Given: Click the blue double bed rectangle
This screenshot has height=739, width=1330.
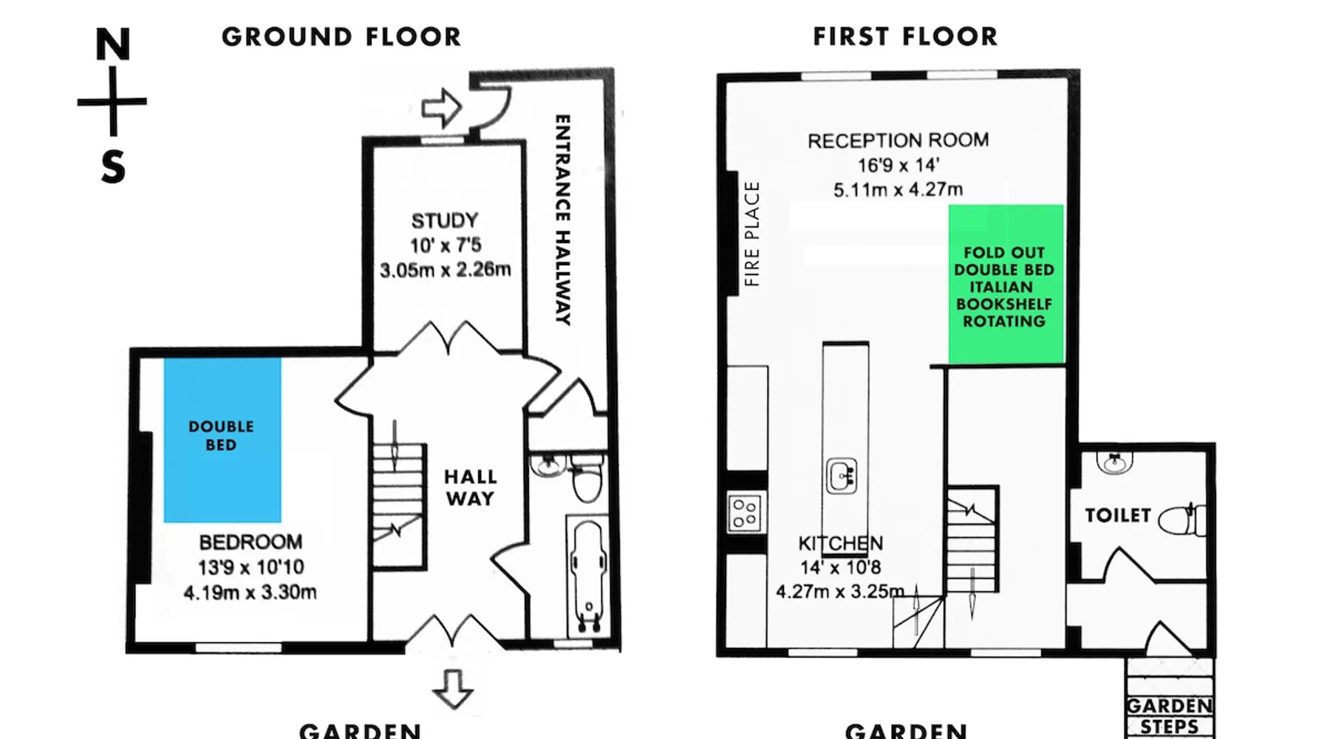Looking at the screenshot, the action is (x=222, y=440).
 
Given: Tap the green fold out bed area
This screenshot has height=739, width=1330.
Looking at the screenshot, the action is (x=1006, y=285).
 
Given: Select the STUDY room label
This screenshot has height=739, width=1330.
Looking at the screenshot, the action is (x=445, y=221).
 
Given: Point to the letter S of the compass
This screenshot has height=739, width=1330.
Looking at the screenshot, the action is (x=113, y=167).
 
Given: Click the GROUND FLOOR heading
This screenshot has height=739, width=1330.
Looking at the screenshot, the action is (x=341, y=37).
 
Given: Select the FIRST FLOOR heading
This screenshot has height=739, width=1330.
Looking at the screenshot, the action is (x=906, y=36).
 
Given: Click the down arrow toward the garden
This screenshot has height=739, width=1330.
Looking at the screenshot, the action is (x=452, y=689).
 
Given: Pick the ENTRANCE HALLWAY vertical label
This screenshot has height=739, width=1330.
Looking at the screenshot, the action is (x=563, y=219).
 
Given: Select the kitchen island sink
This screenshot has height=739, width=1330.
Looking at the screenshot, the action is (x=842, y=476).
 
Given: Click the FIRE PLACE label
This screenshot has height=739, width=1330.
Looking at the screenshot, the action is (x=751, y=234).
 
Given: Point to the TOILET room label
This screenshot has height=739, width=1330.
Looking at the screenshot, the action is (x=1118, y=515).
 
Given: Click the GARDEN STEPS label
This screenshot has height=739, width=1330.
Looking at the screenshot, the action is (x=1170, y=716).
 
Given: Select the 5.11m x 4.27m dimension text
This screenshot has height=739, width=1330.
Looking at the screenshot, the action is (x=898, y=190).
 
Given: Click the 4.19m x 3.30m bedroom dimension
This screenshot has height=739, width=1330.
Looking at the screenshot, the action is (x=250, y=592).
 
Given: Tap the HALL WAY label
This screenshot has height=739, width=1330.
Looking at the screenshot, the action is (x=471, y=488).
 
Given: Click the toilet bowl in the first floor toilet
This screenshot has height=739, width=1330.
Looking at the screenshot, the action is (x=1181, y=520).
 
